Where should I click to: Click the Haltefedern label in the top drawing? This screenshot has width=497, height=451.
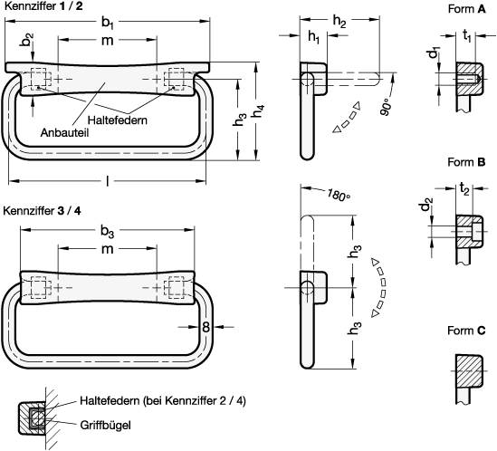[x=118, y=119]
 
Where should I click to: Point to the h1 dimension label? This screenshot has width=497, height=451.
[x=313, y=37]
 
